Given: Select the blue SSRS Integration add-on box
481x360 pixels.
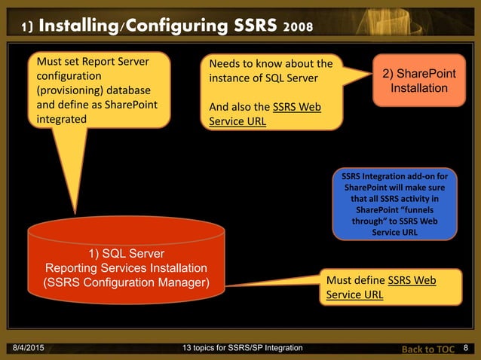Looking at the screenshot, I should (x=394, y=203).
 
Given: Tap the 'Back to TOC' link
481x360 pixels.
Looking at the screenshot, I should (x=427, y=348).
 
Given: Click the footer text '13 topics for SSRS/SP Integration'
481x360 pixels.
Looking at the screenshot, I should (x=243, y=347).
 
